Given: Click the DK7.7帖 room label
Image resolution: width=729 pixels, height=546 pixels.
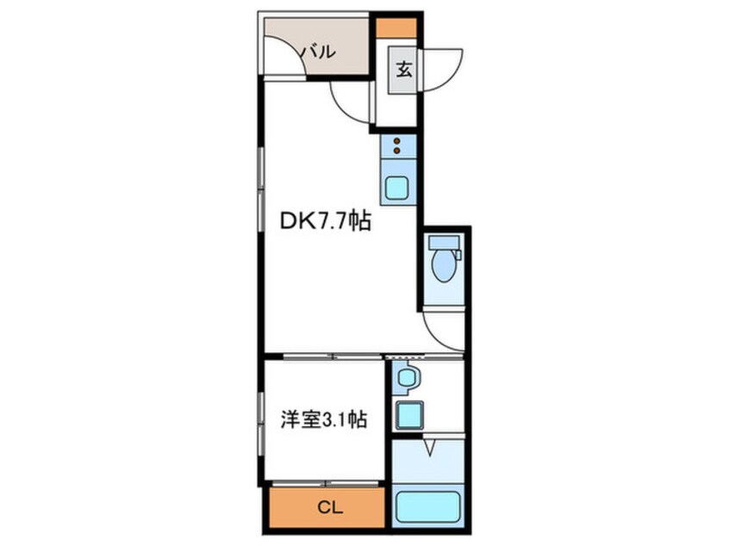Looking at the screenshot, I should point(326,221).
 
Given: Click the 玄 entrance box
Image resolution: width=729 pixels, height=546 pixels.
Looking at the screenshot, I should point(404,70).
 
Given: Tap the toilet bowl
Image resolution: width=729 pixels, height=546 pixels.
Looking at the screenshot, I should point(444,268).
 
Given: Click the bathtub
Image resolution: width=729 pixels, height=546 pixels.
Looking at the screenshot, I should point(428,507).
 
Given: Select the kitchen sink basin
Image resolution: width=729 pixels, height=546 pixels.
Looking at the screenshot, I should point(397,187).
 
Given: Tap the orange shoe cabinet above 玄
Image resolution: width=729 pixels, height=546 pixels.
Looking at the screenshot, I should point(396,27).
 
